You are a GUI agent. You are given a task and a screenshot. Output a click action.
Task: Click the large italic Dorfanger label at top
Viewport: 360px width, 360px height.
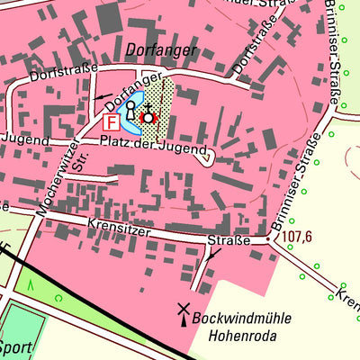pos(161,51)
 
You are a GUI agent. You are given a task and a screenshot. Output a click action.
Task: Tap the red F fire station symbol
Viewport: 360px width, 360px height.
pos(111,121)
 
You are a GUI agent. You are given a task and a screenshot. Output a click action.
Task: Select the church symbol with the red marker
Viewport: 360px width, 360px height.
pos(148,116)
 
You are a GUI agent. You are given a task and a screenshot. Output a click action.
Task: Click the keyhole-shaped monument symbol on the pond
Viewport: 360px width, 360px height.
pos(130,111)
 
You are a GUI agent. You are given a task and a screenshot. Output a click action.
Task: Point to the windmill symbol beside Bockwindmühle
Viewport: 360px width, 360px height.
pos(184,311)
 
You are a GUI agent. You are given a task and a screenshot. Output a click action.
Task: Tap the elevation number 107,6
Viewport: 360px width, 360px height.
pos(296,237)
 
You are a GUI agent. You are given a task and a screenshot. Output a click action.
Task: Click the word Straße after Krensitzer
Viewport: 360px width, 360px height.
pos(229,240)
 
